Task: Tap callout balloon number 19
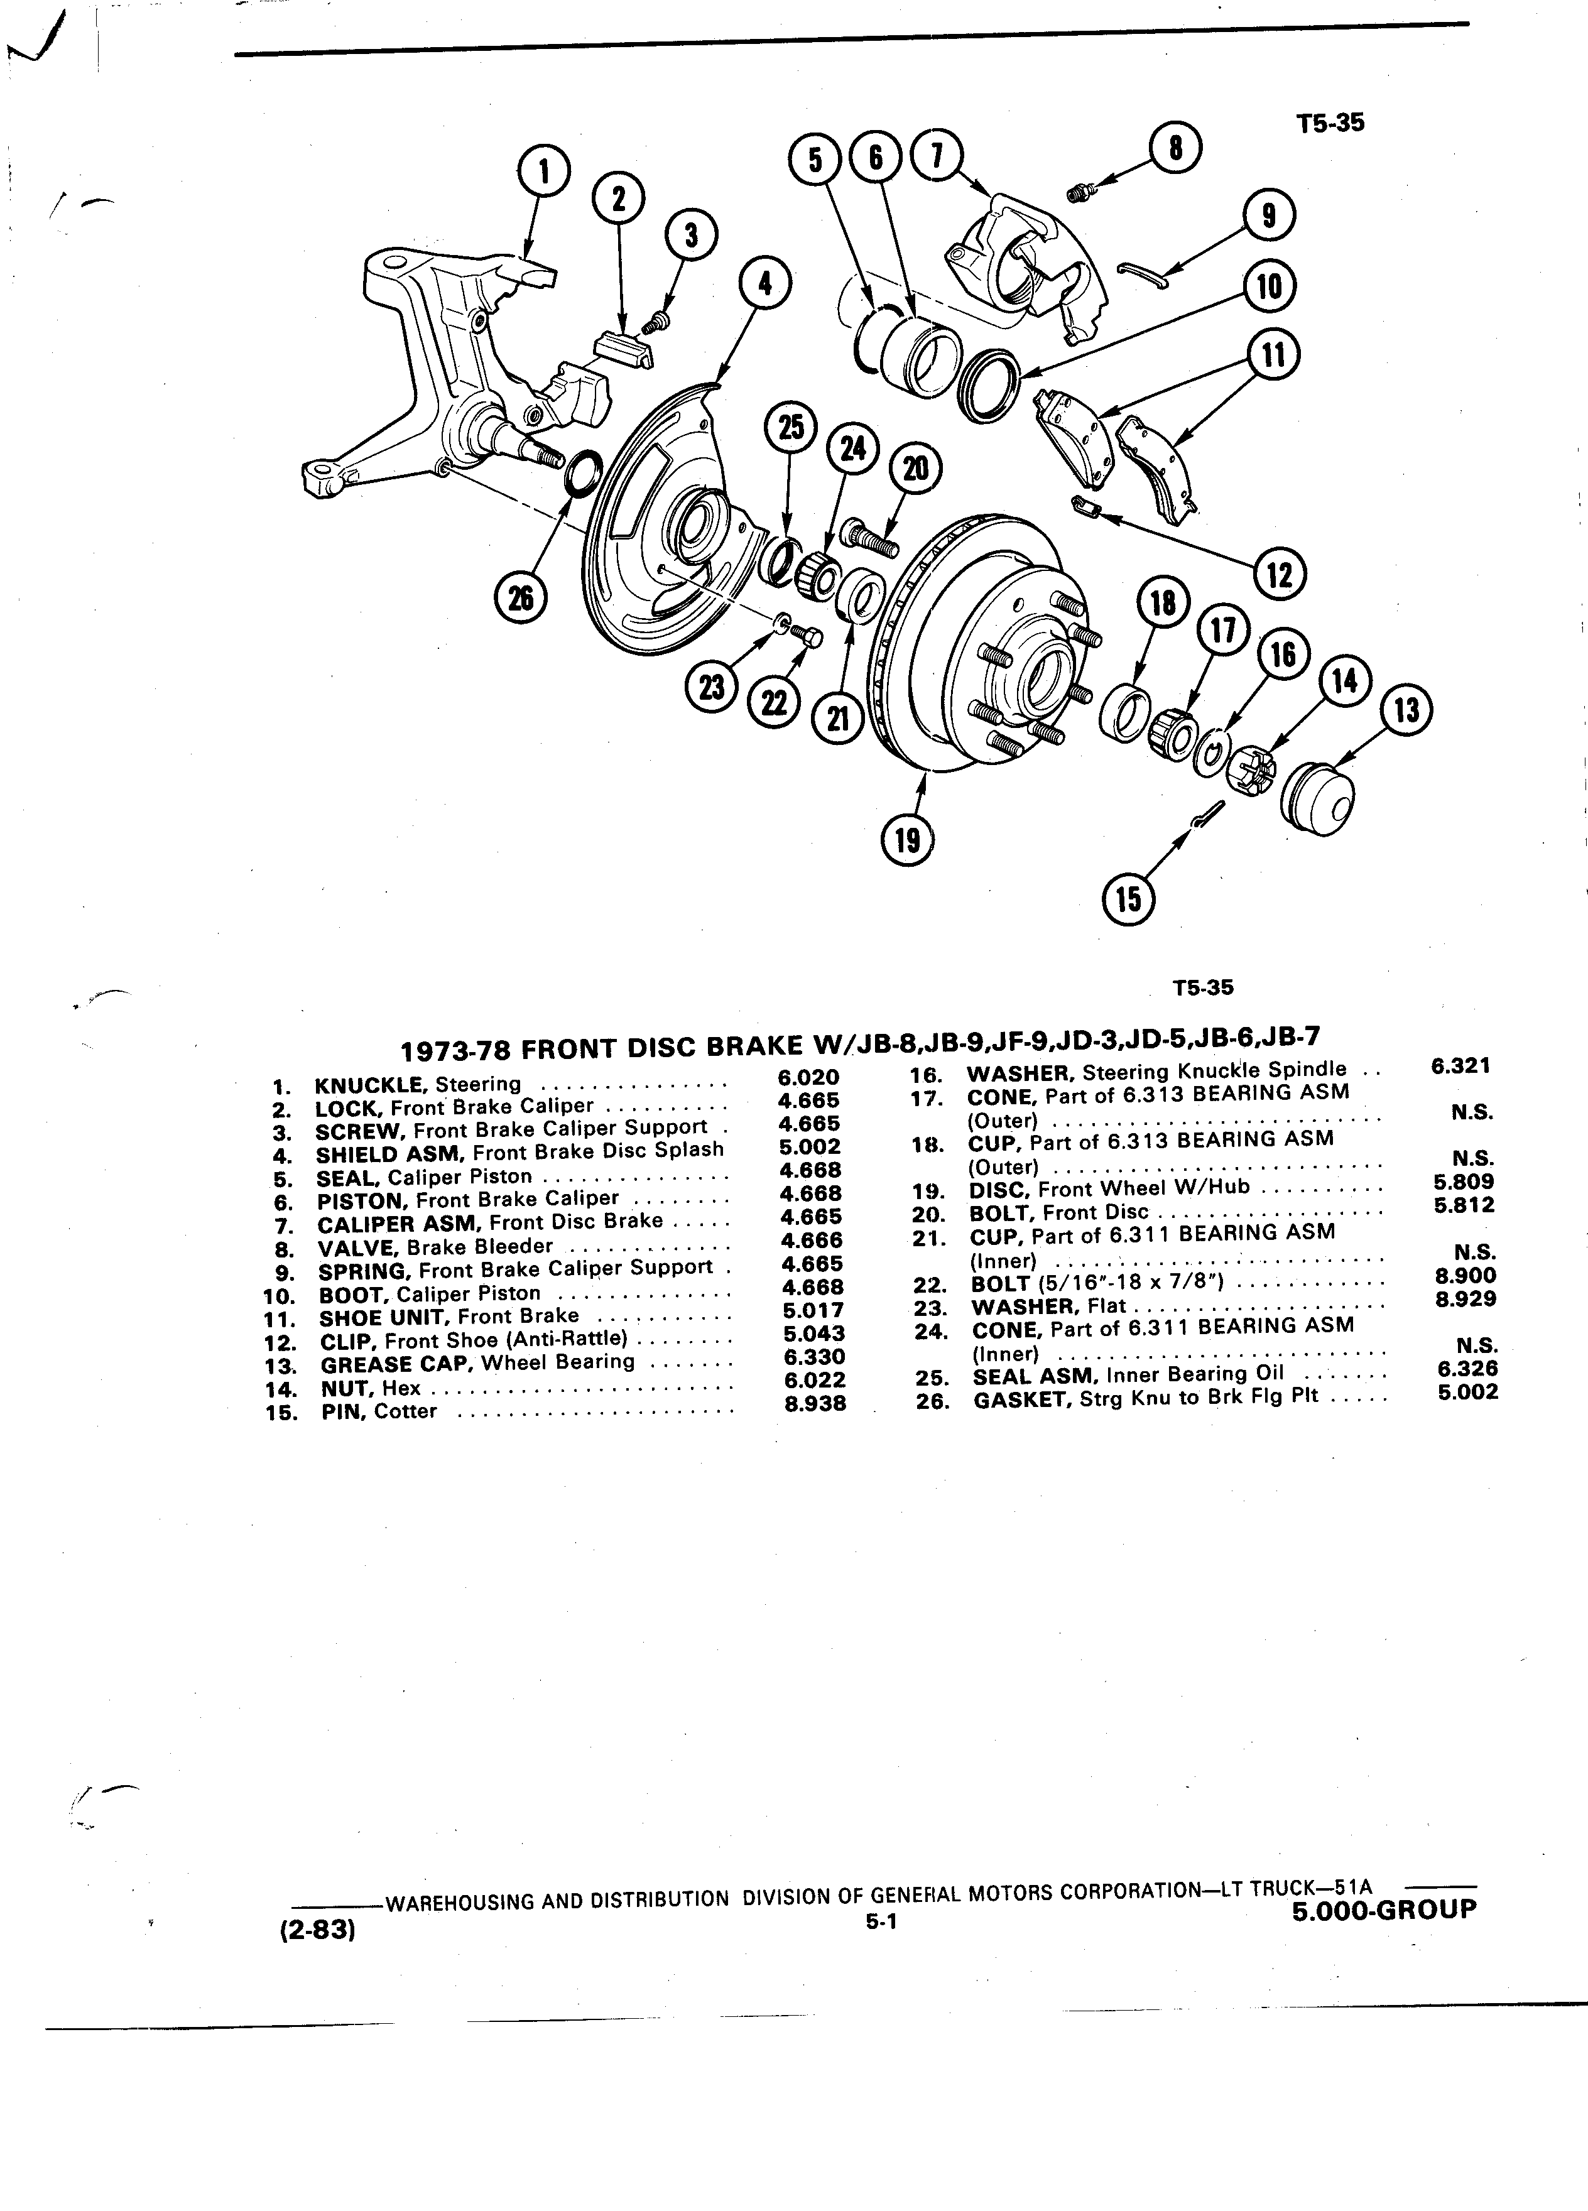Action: tap(908, 839)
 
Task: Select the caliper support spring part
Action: tap(1141, 275)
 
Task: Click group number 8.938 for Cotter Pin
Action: tap(816, 1403)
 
